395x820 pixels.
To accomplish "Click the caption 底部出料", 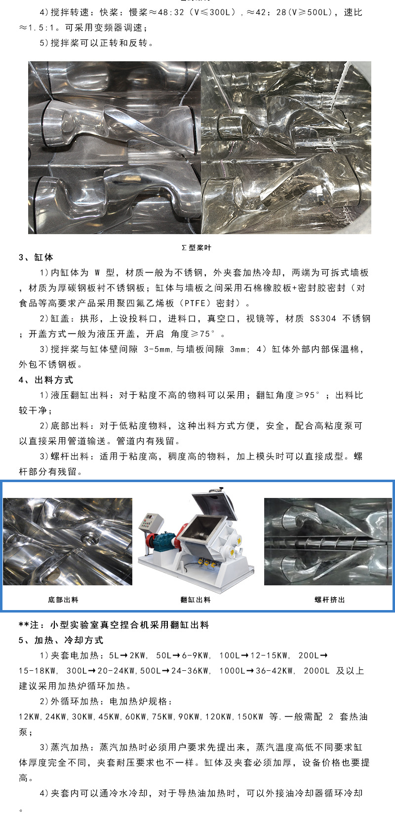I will pyautogui.click(x=63, y=600).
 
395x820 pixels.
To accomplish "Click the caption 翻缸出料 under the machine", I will pyautogui.click(x=196, y=600).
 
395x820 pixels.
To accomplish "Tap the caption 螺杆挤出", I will pyautogui.click(x=330, y=600).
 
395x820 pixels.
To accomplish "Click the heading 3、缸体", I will pyautogui.click(x=36, y=257).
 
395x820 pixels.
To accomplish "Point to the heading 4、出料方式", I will pyautogui.click(x=46, y=380).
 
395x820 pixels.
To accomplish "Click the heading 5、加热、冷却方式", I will pyautogui.click(x=61, y=640).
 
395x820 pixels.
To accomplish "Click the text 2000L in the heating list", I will pyautogui.click(x=316, y=671).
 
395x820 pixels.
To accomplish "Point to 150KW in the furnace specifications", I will pyautogui.click(x=250, y=717).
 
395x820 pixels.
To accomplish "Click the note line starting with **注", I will pyautogui.click(x=114, y=625).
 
